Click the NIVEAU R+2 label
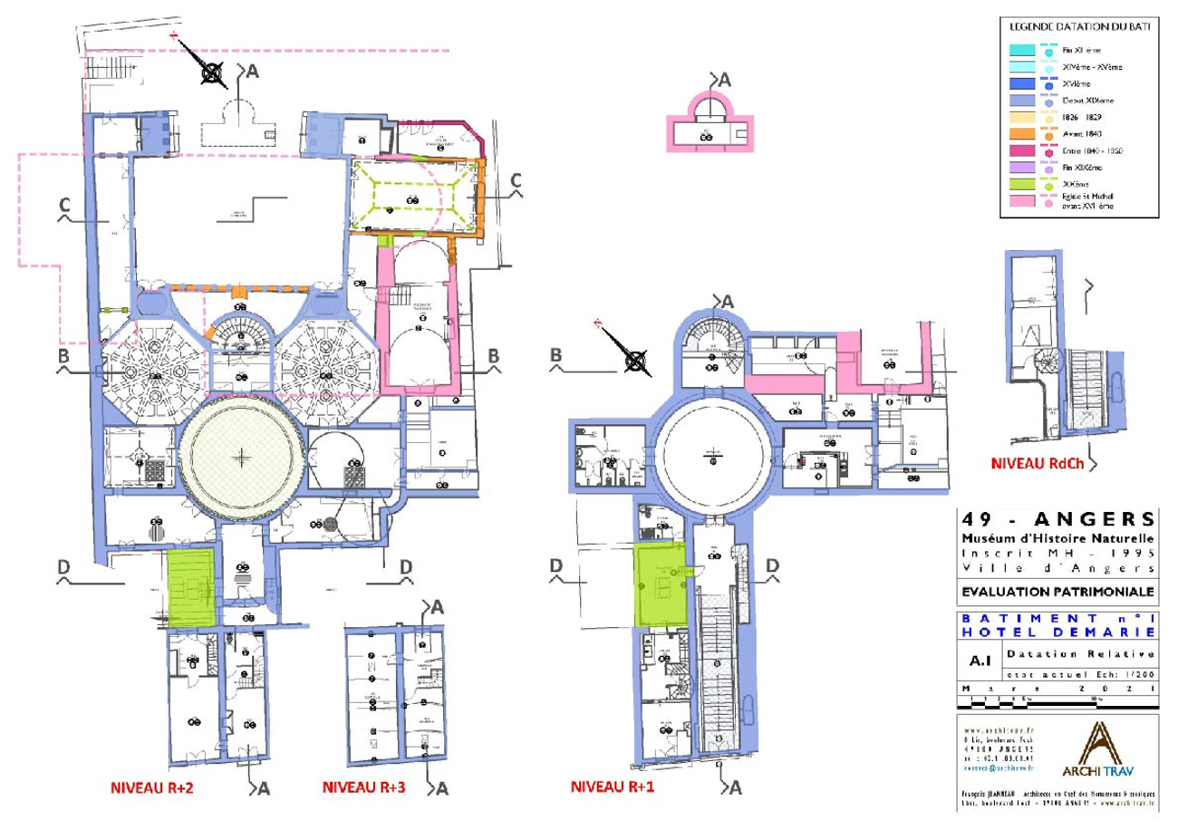tap(150, 788)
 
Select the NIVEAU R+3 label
tap(363, 788)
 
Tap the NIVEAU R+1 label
tap(612, 788)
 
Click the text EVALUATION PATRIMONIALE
tap(1057, 592)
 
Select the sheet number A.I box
tap(978, 661)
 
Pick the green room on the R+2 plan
tap(190, 587)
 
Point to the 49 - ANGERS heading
tap(1057, 520)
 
